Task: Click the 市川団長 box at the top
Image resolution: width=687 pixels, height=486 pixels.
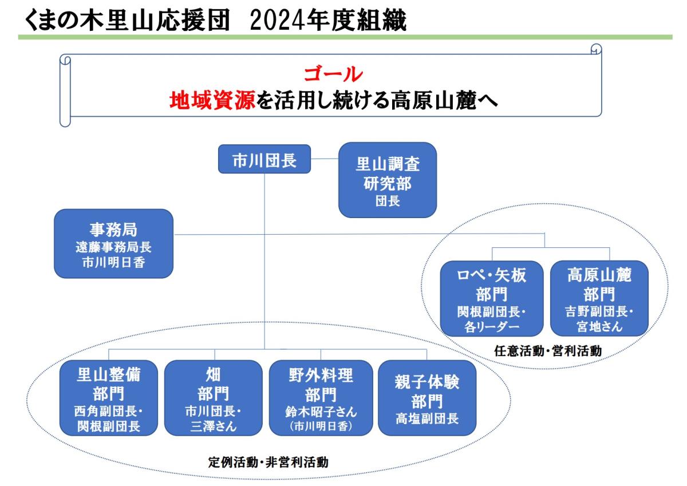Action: tap(264, 159)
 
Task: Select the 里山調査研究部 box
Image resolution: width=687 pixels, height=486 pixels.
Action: tap(388, 180)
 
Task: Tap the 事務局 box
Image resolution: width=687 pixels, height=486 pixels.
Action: tap(113, 244)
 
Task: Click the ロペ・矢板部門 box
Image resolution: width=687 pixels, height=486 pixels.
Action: tap(492, 299)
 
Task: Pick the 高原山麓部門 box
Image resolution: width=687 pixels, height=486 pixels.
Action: tap(599, 299)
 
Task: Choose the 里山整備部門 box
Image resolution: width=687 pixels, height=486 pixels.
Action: tap(109, 398)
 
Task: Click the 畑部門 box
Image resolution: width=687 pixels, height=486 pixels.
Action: tap(214, 398)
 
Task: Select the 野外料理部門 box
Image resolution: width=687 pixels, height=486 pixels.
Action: tap(321, 398)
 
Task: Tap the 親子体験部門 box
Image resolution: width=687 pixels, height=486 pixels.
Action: tap(427, 398)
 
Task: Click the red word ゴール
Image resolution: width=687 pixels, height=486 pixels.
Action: tap(333, 74)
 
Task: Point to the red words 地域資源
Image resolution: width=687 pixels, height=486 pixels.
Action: tap(212, 100)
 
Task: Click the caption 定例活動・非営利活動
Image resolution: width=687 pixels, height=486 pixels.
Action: tap(269, 462)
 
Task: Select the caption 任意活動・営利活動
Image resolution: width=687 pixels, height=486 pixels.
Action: tap(548, 351)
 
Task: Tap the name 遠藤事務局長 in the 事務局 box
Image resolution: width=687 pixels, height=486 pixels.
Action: tap(113, 247)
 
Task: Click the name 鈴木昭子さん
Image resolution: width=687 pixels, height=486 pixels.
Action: tap(321, 412)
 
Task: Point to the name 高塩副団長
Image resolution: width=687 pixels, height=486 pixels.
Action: tap(427, 418)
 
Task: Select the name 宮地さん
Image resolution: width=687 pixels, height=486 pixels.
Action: tap(599, 326)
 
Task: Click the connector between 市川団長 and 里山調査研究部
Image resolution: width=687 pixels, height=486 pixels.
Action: tap(325, 159)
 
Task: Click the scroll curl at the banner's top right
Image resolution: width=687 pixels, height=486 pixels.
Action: tap(596, 49)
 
